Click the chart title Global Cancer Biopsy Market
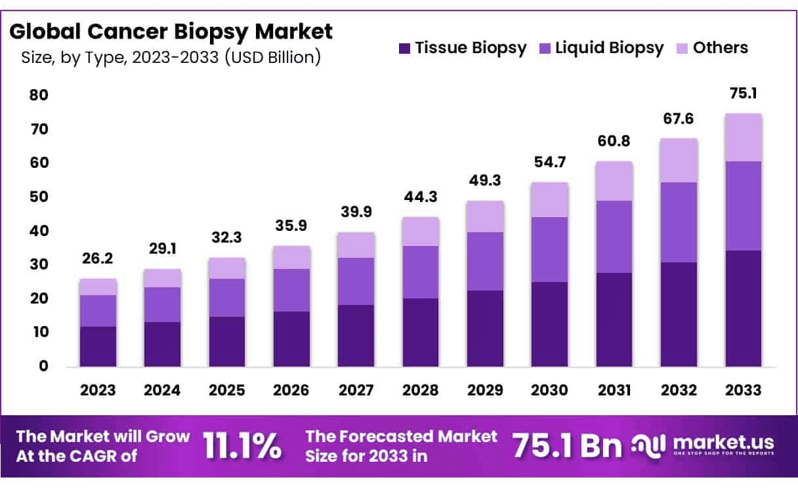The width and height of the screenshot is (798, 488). click(x=171, y=31)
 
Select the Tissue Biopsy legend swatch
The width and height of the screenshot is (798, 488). click(x=405, y=48)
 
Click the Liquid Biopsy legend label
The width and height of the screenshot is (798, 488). click(x=610, y=48)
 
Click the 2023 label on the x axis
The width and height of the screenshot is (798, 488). click(x=98, y=390)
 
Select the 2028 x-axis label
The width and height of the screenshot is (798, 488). click(x=421, y=390)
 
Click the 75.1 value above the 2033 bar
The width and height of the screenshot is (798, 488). click(x=744, y=94)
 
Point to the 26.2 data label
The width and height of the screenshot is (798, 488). click(x=98, y=259)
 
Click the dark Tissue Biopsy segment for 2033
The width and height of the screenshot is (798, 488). click(x=744, y=308)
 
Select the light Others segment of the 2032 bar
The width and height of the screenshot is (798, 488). click(x=679, y=160)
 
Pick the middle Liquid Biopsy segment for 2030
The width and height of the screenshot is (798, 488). click(x=549, y=249)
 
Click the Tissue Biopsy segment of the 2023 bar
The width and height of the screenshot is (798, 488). click(x=98, y=346)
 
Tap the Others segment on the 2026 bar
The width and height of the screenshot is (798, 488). click(x=291, y=257)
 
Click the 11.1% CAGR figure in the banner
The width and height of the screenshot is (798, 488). click(x=243, y=446)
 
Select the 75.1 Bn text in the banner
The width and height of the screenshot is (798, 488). click(x=566, y=446)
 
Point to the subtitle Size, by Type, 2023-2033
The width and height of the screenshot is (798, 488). click(x=171, y=58)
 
